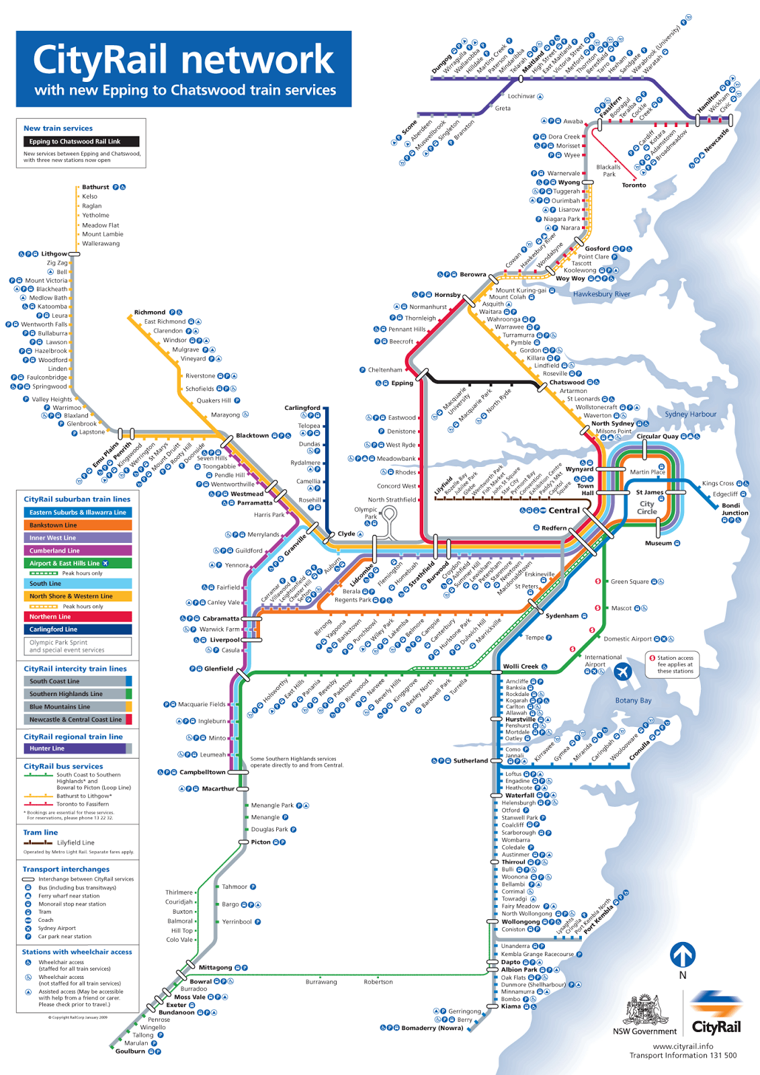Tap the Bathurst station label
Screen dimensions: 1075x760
(x=95, y=187)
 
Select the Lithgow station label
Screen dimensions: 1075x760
(x=54, y=254)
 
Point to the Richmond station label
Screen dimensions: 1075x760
(x=149, y=312)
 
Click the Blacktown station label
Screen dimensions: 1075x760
(x=252, y=436)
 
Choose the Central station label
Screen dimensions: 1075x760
(x=564, y=511)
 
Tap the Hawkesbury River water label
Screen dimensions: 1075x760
(x=601, y=294)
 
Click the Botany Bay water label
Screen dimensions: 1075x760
(x=633, y=701)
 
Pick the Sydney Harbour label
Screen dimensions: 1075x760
(x=691, y=415)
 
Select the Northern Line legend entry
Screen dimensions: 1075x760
(x=77, y=617)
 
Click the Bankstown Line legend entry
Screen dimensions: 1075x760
(x=77, y=525)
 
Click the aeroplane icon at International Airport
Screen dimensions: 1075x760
(x=623, y=671)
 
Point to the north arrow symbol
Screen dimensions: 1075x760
(x=683, y=955)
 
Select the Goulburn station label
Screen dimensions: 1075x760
(x=130, y=1051)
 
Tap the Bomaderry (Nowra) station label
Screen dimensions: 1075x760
(x=432, y=1028)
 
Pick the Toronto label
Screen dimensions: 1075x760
(x=634, y=185)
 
